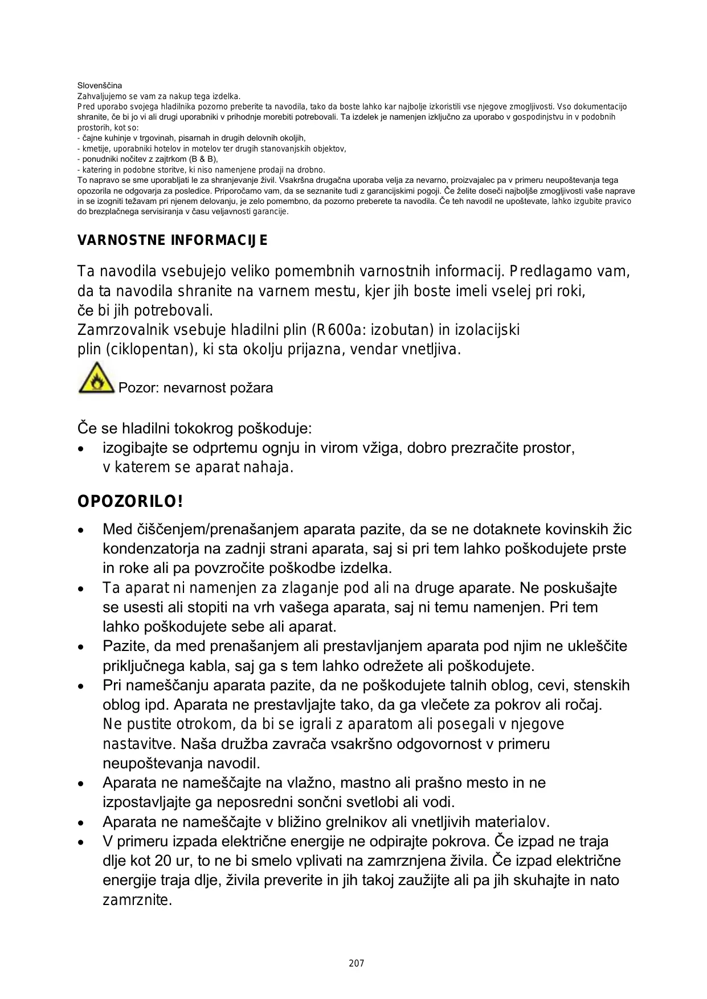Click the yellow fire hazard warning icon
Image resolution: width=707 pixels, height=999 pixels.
click(x=97, y=378)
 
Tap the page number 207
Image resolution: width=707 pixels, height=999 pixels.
click(x=356, y=963)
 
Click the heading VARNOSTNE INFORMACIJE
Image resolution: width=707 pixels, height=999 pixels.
click(x=172, y=240)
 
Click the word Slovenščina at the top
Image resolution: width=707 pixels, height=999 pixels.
click(x=100, y=85)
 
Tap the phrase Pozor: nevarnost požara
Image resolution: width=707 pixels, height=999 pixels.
click(x=195, y=388)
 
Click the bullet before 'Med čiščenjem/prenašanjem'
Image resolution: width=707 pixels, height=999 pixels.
click(x=83, y=530)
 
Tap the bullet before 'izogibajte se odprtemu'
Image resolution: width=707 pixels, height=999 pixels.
click(x=83, y=449)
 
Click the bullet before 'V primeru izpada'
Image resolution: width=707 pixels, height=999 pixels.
click(x=83, y=842)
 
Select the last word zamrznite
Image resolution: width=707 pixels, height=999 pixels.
click(x=137, y=900)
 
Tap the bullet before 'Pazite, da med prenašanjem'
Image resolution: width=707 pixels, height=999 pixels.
click(x=83, y=647)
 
